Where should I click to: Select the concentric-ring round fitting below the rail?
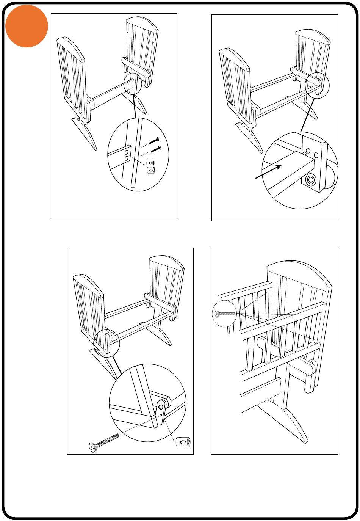click(311, 179)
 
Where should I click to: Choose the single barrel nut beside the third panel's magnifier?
click(183, 443)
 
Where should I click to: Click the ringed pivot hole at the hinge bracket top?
click(161, 407)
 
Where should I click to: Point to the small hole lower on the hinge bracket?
click(161, 415)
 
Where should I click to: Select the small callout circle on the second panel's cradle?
click(316, 85)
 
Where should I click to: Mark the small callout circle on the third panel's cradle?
click(106, 342)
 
